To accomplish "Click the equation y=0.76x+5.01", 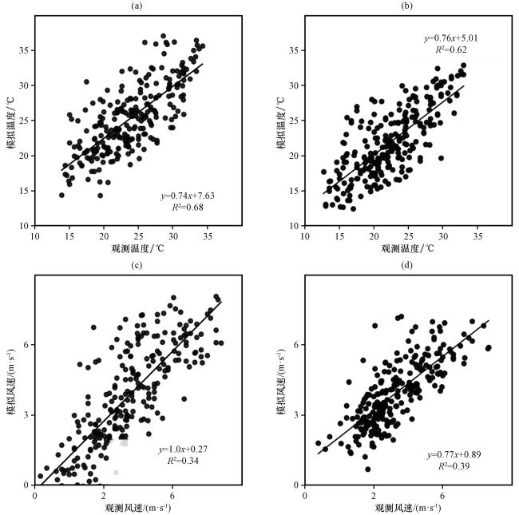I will pos(450,38).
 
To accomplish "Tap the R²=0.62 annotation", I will pos(450,50).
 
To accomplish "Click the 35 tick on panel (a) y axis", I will pos(24,50).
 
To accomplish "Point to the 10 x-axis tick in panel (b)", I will pos(304,236).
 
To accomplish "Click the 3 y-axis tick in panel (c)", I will pos(27,414).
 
